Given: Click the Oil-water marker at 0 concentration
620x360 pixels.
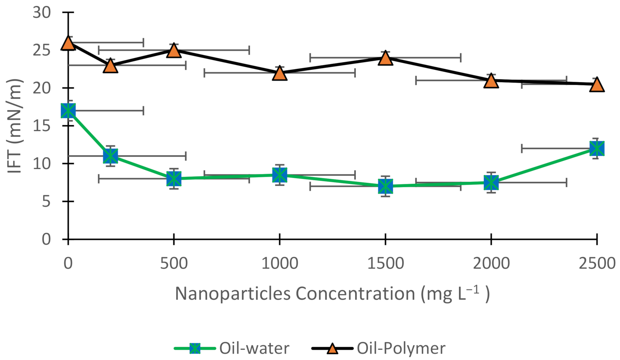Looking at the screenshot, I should [68, 111].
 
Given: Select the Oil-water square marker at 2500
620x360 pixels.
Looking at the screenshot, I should [597, 148].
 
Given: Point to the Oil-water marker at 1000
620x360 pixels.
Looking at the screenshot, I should [280, 175].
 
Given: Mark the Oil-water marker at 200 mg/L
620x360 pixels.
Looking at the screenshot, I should [110, 156].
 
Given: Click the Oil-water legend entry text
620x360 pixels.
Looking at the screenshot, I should [254, 348].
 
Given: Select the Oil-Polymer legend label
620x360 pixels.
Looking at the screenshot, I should [401, 348].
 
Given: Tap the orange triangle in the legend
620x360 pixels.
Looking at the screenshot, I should [332, 349].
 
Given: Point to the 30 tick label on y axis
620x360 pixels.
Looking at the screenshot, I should [42, 13].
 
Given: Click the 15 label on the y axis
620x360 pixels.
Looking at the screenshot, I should [42, 126].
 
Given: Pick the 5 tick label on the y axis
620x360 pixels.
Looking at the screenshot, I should [46, 202].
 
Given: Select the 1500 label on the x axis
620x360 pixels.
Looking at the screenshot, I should [385, 264].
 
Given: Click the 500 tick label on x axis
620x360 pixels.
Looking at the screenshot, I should [174, 264].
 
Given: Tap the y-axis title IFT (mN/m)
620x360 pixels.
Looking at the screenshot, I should [15, 126].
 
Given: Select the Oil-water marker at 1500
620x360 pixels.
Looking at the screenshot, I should [385, 186].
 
